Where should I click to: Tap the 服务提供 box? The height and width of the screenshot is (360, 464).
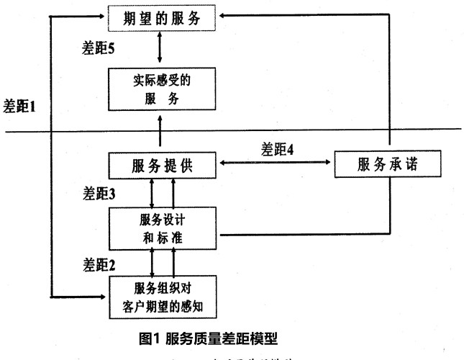pos(161,166)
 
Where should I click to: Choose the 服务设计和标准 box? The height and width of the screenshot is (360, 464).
pos(161,228)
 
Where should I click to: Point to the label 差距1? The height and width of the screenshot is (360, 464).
pos(19,106)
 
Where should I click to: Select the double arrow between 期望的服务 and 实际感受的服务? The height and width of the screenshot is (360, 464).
pos(160,48)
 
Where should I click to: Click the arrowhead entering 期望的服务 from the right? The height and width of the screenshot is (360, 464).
pos(222,14)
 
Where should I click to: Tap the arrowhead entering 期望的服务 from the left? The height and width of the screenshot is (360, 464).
pos(101,14)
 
